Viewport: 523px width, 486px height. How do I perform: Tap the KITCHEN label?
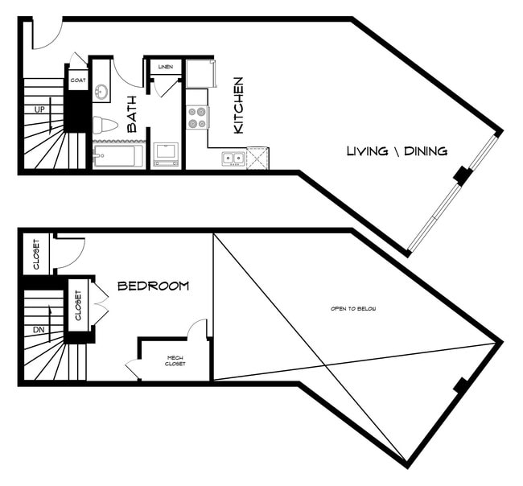pos(239,105)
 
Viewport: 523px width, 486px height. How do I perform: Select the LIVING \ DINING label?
pos(397,151)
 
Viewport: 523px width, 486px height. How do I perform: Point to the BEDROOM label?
pos(153,286)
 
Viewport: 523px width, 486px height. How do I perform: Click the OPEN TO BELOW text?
pos(353,309)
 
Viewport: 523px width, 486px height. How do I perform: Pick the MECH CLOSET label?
pos(176,361)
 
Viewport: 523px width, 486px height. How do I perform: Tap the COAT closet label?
pos(78,80)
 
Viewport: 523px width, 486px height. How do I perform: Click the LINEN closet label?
pos(166,67)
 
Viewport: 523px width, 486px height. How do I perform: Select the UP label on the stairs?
pos(39,109)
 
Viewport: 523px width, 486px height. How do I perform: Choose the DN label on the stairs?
pos(39,330)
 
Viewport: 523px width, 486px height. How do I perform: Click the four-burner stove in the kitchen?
pos(197,117)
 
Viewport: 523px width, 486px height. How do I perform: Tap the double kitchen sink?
pos(233,158)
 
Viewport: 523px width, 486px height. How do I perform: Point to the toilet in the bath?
pos(105,126)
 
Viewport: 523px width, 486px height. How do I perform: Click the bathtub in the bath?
pos(117,155)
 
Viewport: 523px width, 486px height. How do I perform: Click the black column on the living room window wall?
pos(462,175)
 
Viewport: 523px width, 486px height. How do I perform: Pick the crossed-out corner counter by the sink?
pos(257,158)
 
